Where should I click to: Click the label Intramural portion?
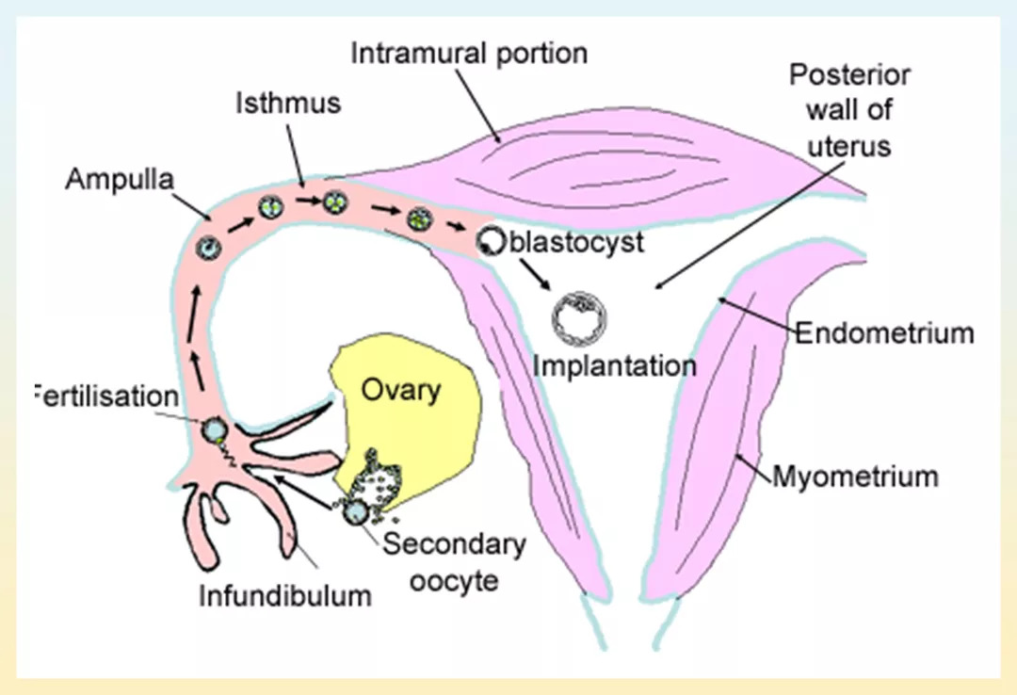coord(468,53)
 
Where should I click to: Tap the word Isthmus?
coord(287,104)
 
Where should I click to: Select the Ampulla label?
coord(120,180)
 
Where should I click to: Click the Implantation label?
coord(615,365)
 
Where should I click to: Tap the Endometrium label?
coord(884,332)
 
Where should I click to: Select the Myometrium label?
coord(855,476)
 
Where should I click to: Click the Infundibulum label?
coord(285,595)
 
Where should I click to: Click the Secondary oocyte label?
coord(454,561)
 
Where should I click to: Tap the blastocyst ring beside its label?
coord(490,242)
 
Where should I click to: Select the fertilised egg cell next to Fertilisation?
coord(215,430)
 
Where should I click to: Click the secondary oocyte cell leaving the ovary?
coord(356,512)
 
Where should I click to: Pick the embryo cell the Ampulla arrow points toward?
coord(208,247)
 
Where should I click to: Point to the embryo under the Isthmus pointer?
coord(335,202)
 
